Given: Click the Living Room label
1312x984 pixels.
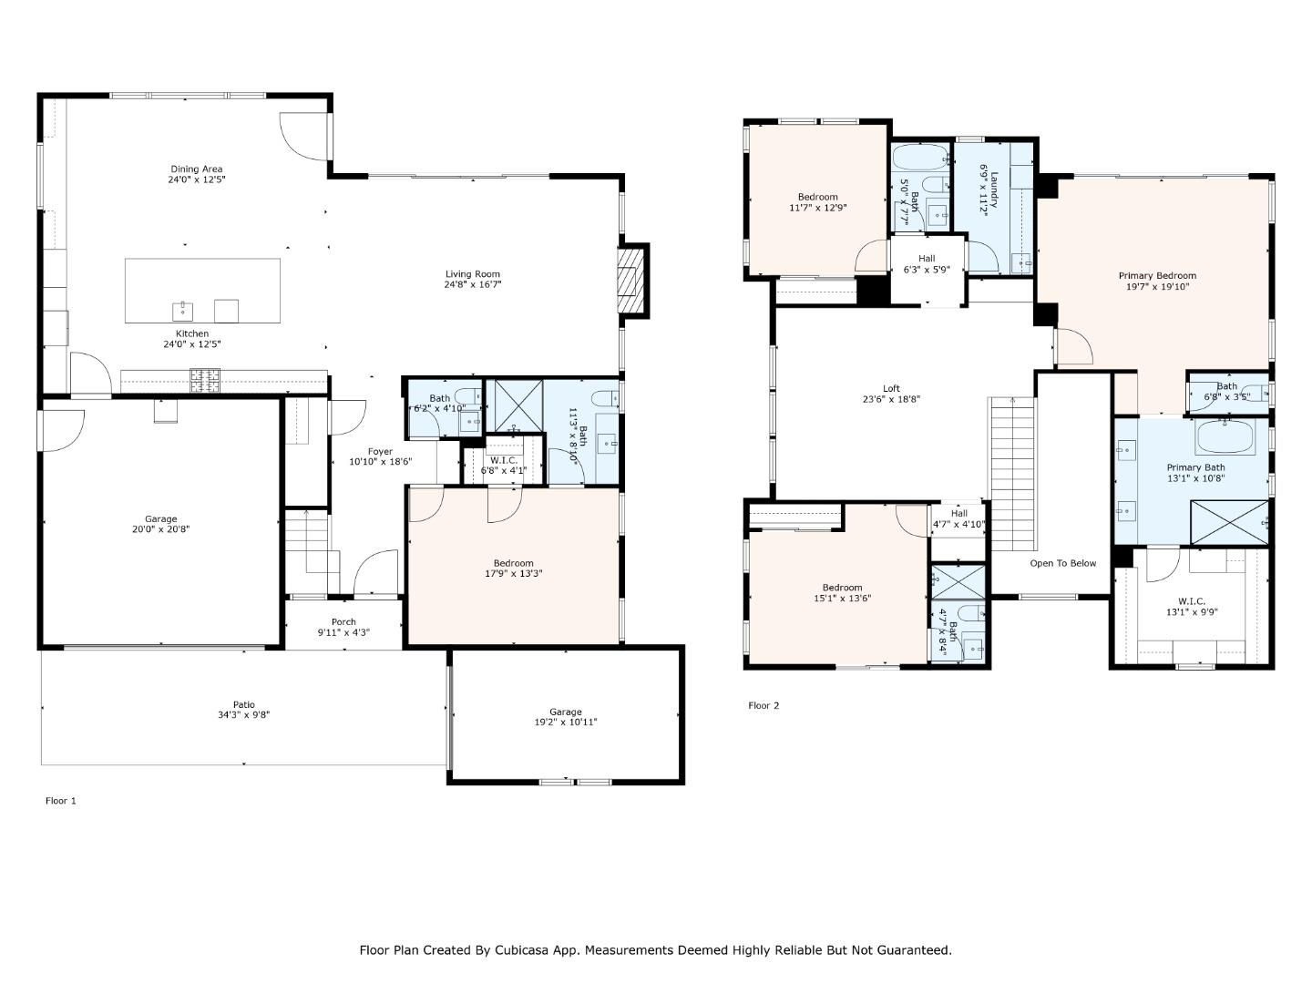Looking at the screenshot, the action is (x=472, y=274).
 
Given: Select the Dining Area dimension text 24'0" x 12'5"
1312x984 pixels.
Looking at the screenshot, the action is (x=197, y=179).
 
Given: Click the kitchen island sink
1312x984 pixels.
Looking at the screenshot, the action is (x=182, y=312).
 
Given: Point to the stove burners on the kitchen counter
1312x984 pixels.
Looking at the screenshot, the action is (x=205, y=380).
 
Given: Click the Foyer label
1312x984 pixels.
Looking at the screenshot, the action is (x=380, y=452).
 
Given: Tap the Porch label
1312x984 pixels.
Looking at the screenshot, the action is (x=343, y=622).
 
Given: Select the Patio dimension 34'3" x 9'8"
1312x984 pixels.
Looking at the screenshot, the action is (x=244, y=714).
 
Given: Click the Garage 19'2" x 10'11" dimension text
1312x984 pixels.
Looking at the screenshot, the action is (x=566, y=722).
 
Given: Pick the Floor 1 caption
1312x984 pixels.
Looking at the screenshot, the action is (x=61, y=801).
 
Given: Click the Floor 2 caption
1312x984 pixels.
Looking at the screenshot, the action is (x=764, y=705).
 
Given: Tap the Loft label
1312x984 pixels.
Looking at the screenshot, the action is (x=891, y=388).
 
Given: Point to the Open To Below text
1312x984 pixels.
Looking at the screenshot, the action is (x=1062, y=563).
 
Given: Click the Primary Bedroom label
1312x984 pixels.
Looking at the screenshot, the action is (x=1157, y=275).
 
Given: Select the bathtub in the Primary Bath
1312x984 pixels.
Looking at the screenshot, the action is (x=1225, y=438).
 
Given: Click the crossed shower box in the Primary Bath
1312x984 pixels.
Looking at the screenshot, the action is (x=1229, y=522).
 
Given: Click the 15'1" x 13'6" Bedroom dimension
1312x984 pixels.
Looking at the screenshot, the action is (x=842, y=598).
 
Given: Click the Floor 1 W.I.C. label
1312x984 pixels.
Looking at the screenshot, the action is (x=504, y=461).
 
